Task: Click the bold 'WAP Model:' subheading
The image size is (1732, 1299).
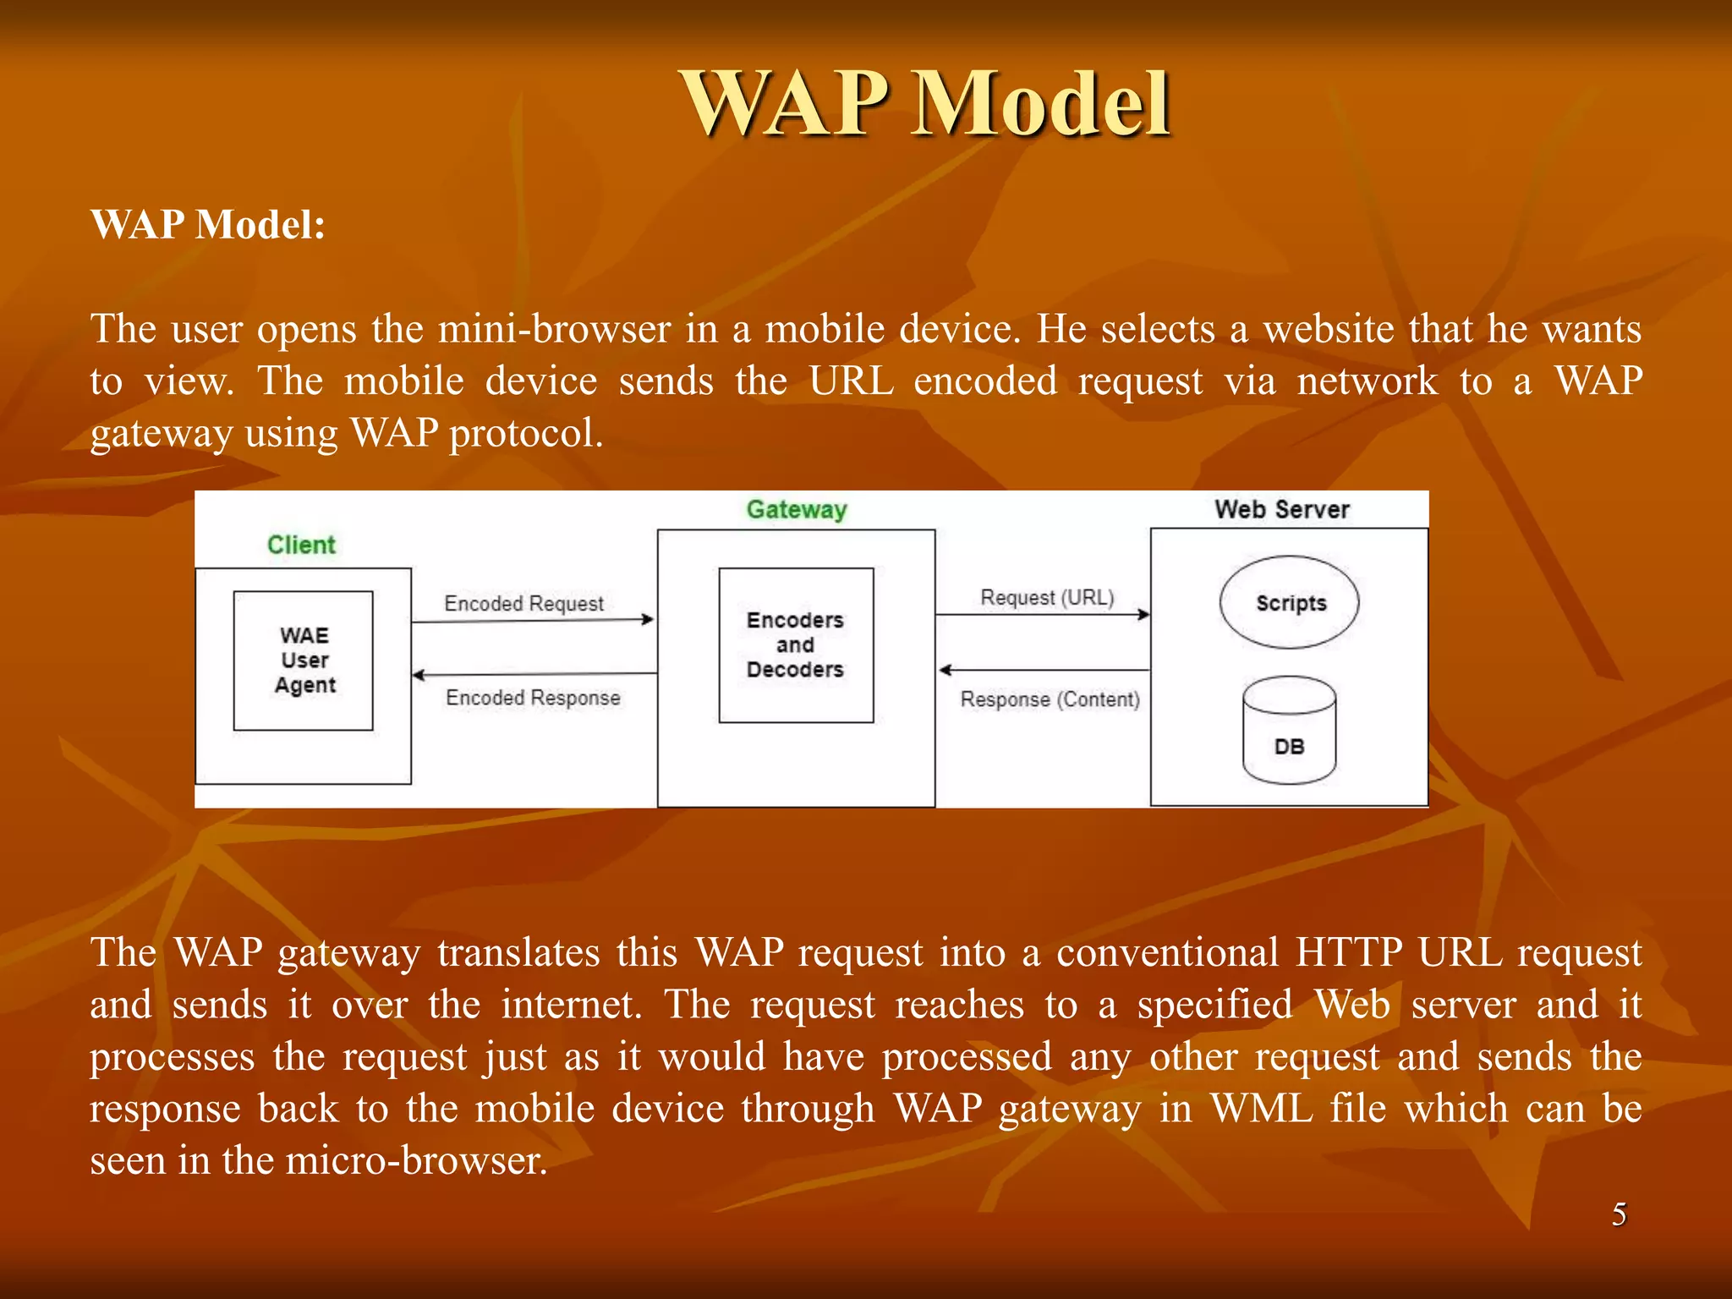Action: [208, 225]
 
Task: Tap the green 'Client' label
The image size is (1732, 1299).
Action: [301, 545]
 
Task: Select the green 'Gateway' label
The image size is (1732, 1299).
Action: [796, 509]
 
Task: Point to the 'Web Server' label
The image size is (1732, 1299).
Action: [1281, 509]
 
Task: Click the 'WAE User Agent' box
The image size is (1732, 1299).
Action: [304, 660]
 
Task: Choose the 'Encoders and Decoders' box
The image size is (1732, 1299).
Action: [795, 645]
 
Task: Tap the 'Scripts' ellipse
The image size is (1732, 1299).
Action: [1289, 603]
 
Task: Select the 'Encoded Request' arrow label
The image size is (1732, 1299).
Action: [523, 603]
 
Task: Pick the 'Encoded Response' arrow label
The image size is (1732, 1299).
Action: [533, 698]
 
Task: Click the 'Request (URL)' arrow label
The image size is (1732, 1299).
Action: [1047, 598]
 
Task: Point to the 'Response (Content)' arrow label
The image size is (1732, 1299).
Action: [1050, 699]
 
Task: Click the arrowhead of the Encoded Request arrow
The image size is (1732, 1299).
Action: [648, 620]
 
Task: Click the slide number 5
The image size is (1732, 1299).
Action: [1619, 1214]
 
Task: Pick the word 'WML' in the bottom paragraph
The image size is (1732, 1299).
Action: [1261, 1109]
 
